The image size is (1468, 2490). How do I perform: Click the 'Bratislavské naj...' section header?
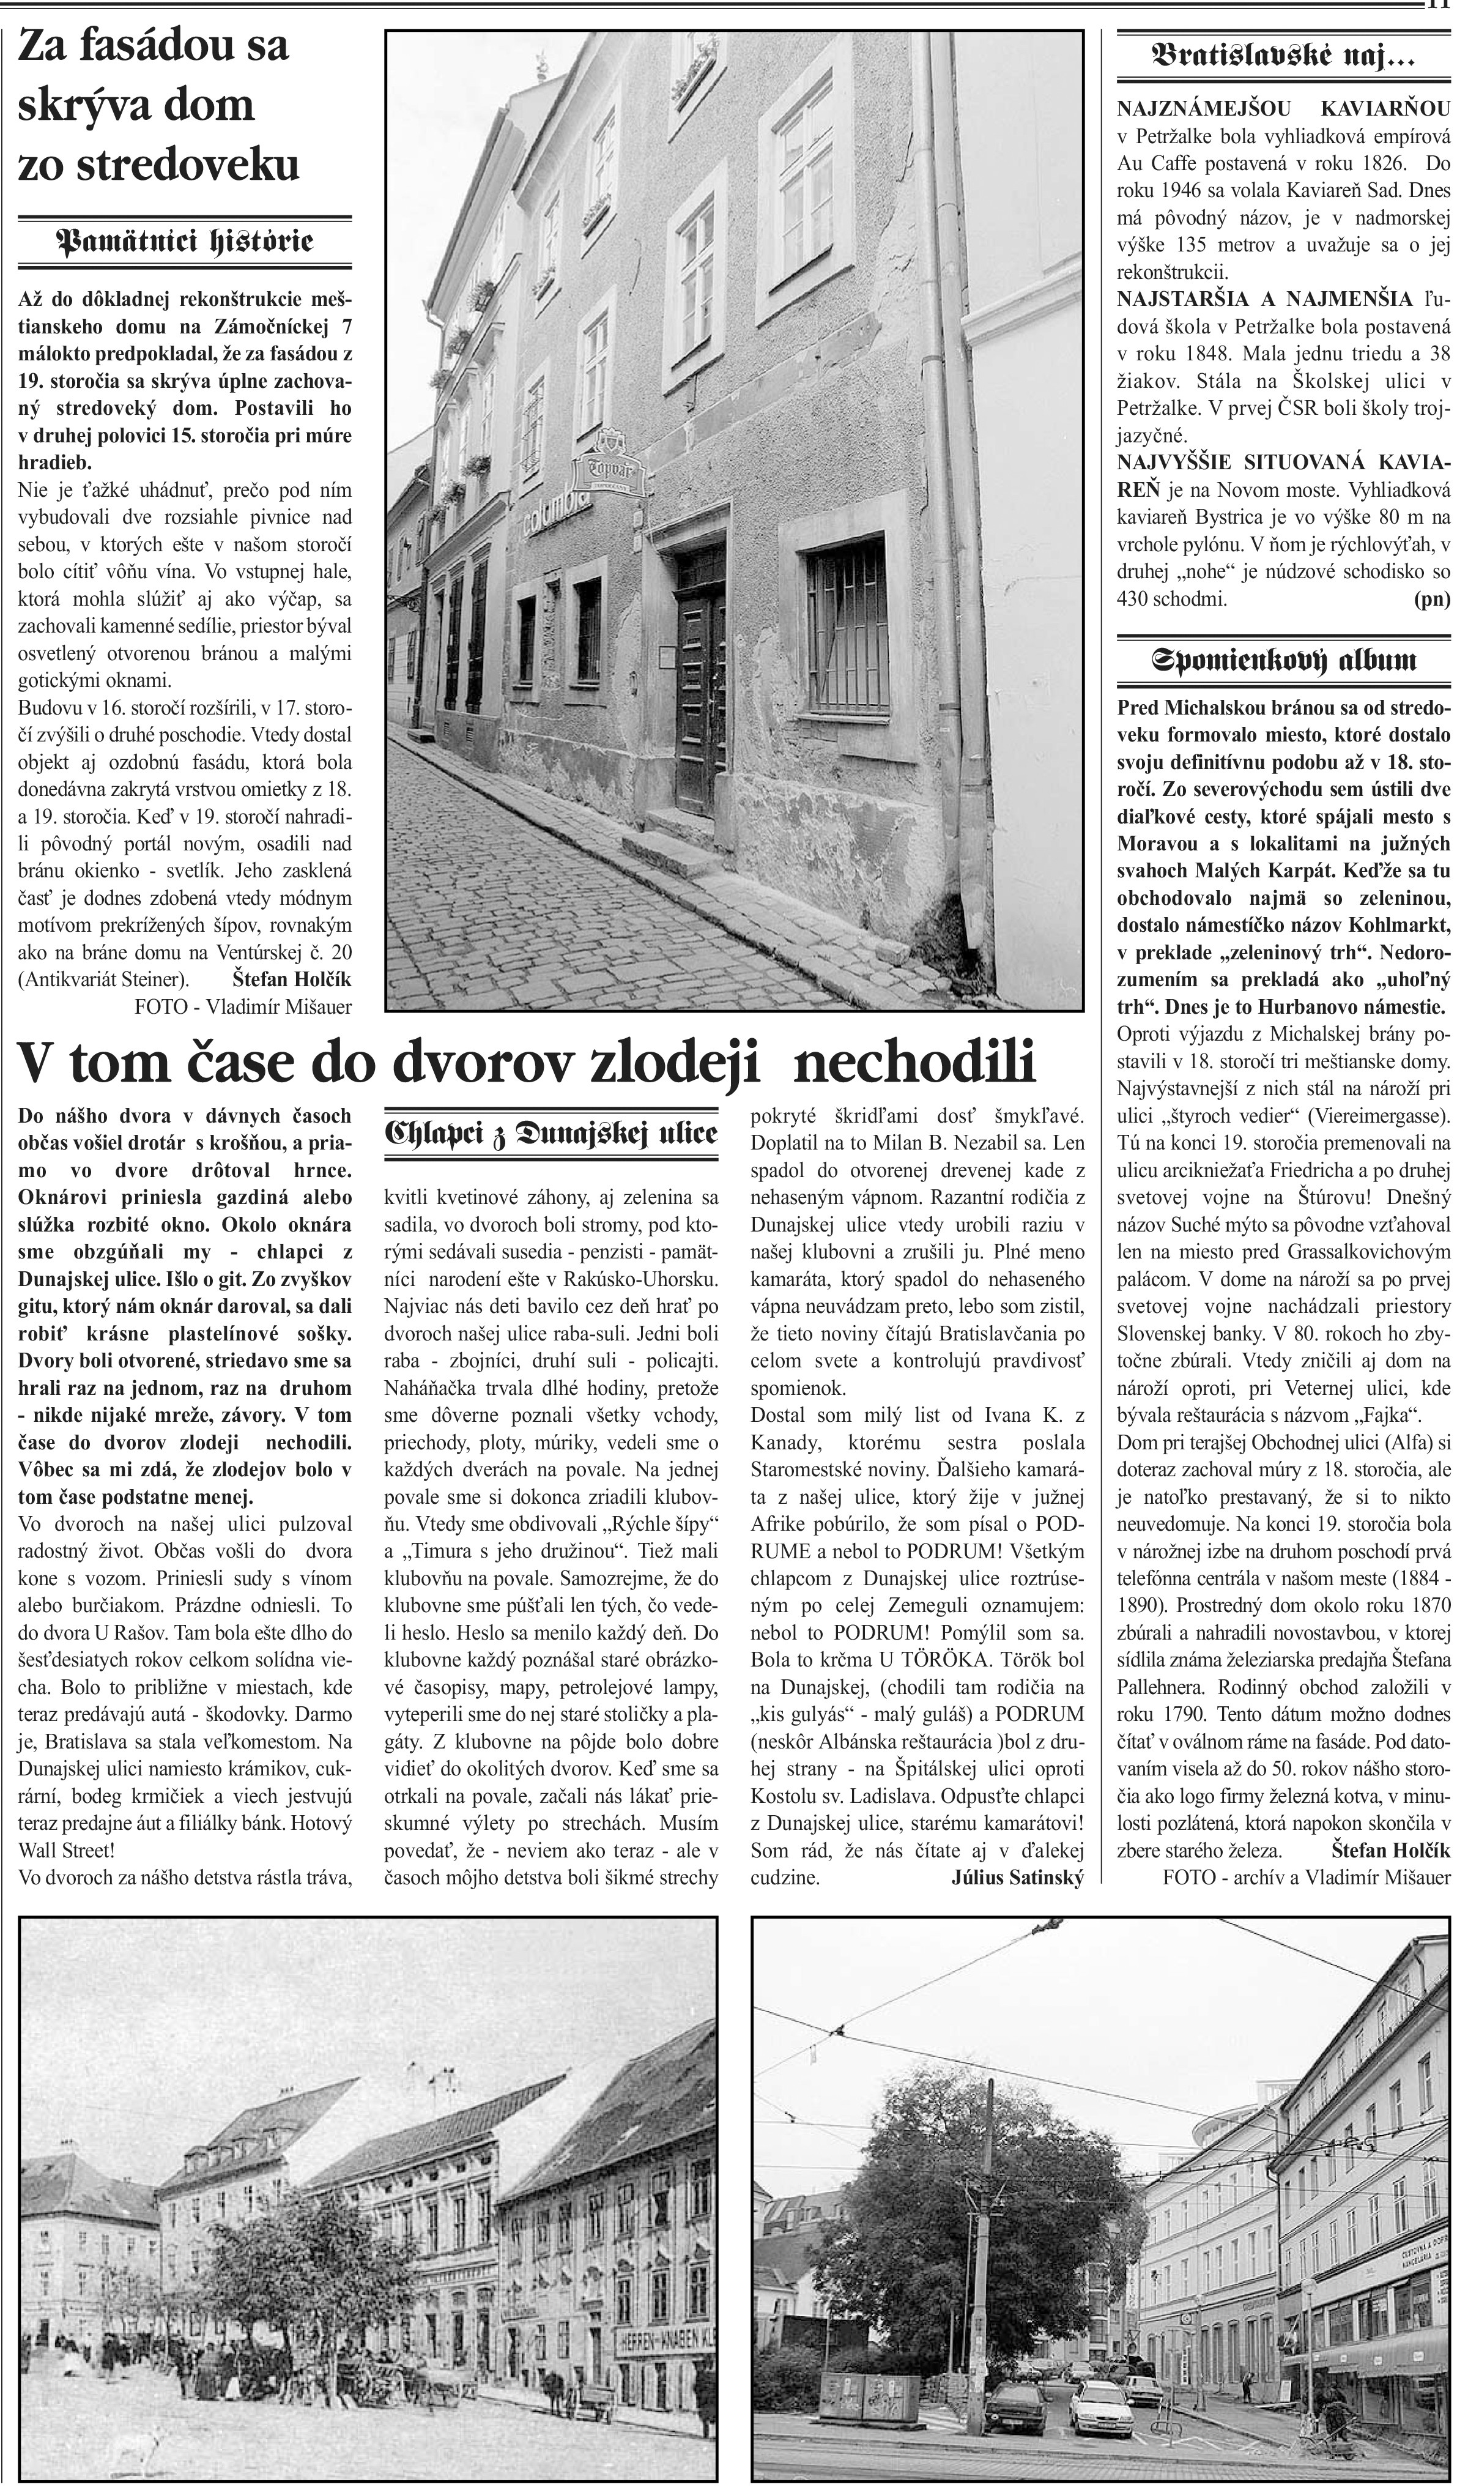tap(1283, 58)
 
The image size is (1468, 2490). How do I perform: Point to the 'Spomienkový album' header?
tap(1283, 661)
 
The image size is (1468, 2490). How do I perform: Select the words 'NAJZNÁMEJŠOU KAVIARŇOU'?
tap(1283, 108)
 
